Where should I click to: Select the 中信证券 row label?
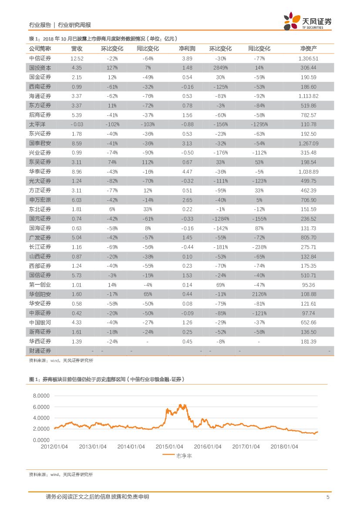tap(40, 58)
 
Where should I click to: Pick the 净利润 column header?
tap(187, 49)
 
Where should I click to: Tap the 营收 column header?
tap(77, 49)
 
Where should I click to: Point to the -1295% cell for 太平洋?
tap(259, 125)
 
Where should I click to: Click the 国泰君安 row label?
tap(40, 143)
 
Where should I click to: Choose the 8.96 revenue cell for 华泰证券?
tap(77, 172)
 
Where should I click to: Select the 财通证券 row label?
tap(40, 351)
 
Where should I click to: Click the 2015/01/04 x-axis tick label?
tap(169, 447)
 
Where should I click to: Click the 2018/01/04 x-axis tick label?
tap(284, 447)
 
